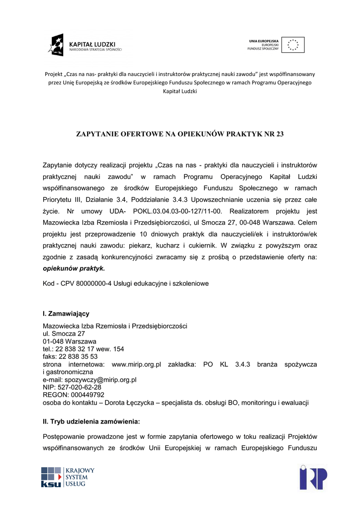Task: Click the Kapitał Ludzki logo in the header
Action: click(85, 45)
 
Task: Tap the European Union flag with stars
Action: click(293, 45)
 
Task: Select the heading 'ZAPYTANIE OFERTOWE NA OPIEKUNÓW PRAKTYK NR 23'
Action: click(180, 134)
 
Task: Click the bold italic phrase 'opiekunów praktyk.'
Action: click(74, 268)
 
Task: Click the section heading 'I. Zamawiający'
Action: click(66, 314)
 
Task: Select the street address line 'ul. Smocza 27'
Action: click(64, 334)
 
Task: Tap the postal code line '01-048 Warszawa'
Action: click(70, 341)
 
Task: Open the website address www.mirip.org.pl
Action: click(137, 364)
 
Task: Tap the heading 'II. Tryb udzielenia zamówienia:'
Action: click(92, 422)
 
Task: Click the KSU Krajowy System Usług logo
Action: click(68, 477)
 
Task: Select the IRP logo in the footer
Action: click(313, 477)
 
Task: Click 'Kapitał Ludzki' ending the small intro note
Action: click(180, 92)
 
